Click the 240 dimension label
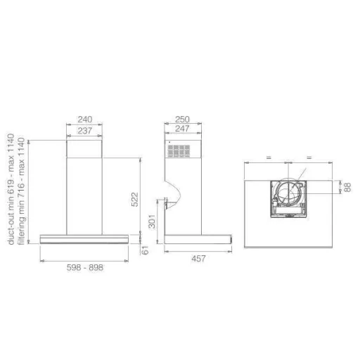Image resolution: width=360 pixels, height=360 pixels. coord(85,120)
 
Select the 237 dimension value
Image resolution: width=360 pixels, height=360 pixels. coord(84,131)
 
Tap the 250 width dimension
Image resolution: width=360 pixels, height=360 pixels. coord(182,120)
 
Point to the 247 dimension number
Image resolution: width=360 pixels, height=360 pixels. coord(182,129)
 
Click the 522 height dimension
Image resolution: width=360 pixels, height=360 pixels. coord(135,200)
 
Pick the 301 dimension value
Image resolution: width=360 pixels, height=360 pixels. coord(152,221)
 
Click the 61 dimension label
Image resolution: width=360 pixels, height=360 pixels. coord(146,250)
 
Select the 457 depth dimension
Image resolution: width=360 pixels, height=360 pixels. coord(198,259)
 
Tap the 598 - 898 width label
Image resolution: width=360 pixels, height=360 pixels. coord(85,267)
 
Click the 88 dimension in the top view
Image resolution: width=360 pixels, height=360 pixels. coord(347,187)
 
